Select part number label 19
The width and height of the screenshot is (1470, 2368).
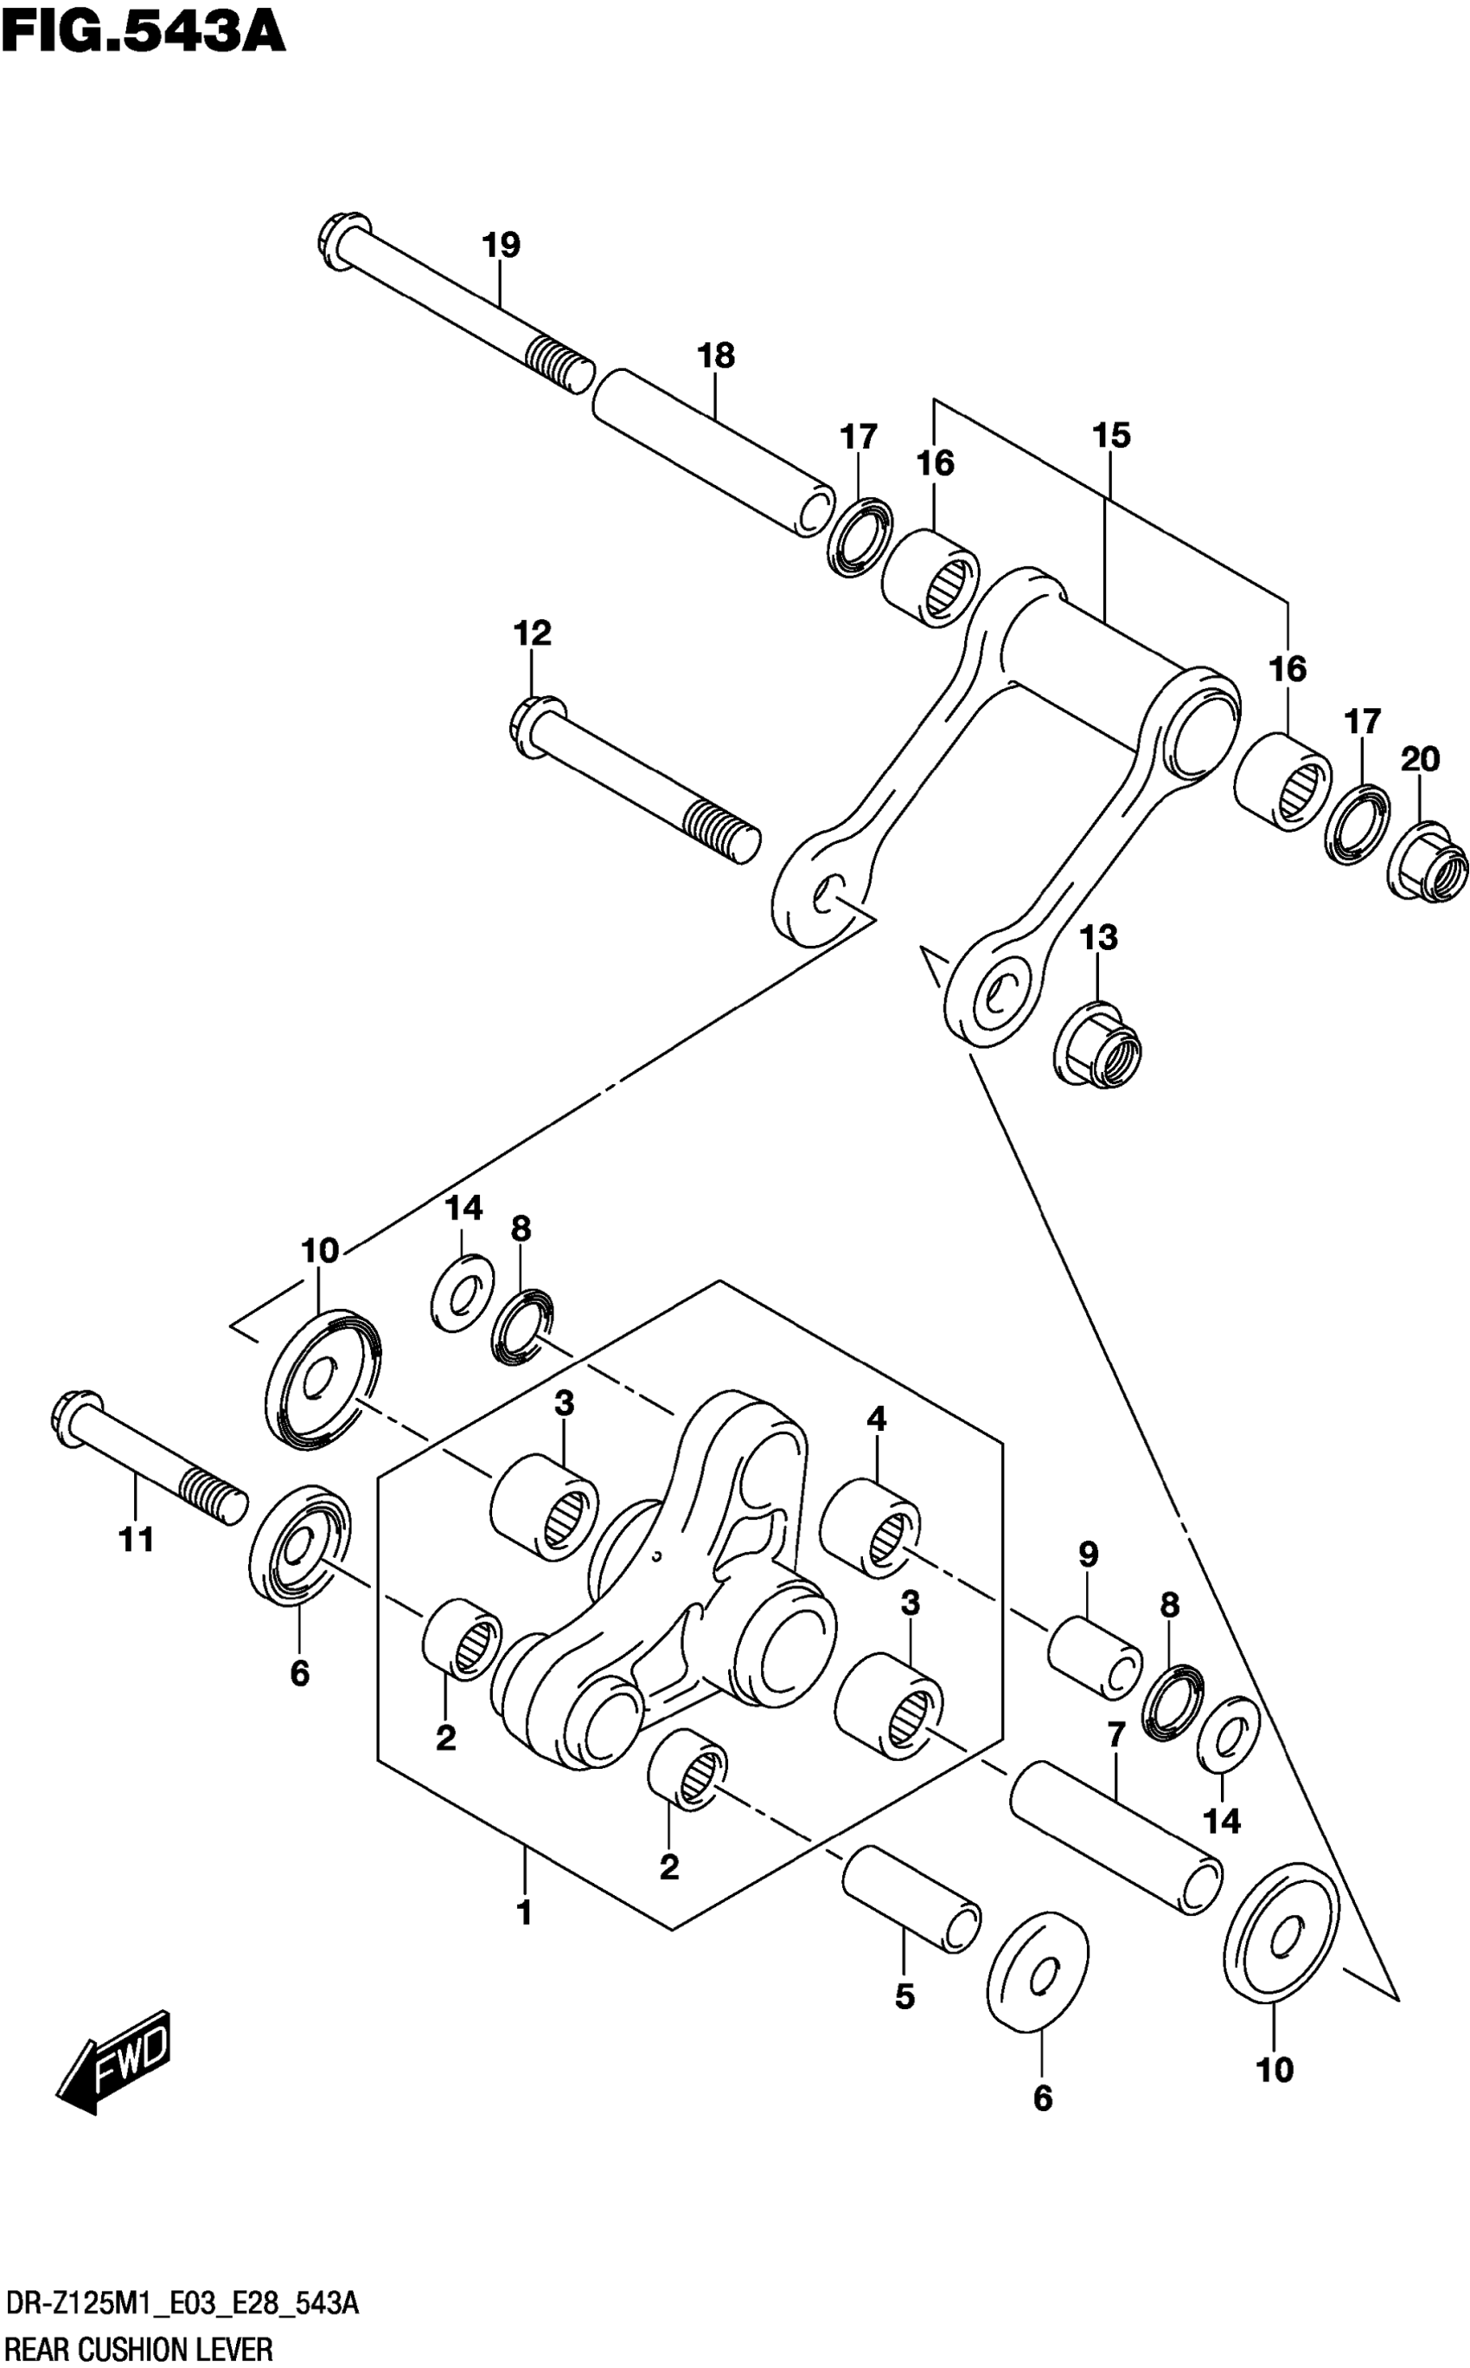(502, 245)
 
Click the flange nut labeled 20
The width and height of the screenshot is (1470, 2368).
(1428, 861)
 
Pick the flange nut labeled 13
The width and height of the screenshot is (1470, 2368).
(1099, 1046)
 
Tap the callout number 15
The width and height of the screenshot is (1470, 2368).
(1111, 435)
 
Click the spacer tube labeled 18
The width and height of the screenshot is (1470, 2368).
(714, 451)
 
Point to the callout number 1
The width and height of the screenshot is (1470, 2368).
(524, 1912)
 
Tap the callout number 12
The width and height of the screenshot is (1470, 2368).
(532, 633)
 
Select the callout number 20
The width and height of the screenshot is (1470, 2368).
(1420, 758)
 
